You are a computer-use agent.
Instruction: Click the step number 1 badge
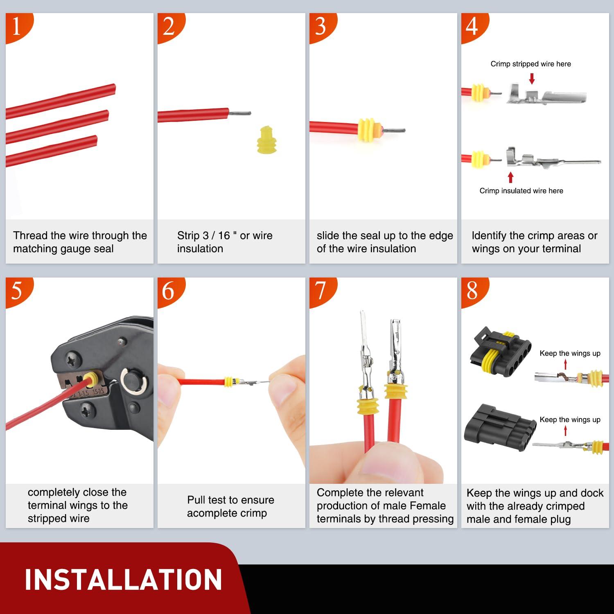coord(17,27)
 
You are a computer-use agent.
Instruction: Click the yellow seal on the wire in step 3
coord(368,130)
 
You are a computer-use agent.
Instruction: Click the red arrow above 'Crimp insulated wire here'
coord(510,177)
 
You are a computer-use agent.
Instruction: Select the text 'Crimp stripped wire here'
coord(530,64)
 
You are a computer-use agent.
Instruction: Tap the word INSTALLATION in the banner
coord(123,580)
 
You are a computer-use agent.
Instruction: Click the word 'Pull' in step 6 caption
coord(196,500)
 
